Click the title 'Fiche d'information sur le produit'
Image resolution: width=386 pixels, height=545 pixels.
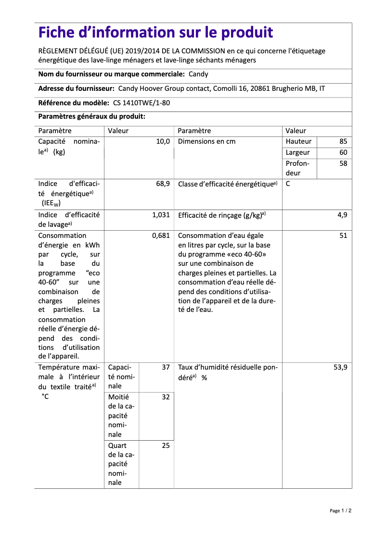click(155, 33)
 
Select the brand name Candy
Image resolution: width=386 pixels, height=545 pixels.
click(198, 74)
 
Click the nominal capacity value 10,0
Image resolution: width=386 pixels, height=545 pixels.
click(163, 141)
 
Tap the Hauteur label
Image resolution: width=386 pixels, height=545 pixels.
click(298, 141)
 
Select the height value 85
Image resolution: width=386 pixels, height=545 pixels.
click(343, 141)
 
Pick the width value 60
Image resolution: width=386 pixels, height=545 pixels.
click(343, 152)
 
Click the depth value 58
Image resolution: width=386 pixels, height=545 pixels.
click(343, 163)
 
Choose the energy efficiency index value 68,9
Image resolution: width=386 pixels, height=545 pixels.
click(163, 184)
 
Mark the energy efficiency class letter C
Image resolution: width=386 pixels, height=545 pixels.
click(288, 184)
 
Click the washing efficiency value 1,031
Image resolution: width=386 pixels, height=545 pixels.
click(161, 215)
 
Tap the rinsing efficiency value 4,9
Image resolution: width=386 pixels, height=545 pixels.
click(342, 215)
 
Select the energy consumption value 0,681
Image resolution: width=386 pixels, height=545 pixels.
click(161, 235)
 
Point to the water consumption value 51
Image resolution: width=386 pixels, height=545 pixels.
click(343, 235)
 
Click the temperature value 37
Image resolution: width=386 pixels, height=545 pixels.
click(166, 367)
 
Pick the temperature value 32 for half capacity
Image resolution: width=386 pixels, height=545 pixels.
click(166, 397)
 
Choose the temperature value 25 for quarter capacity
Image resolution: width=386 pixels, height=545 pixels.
click(166, 446)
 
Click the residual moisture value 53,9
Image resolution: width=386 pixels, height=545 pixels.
click(340, 367)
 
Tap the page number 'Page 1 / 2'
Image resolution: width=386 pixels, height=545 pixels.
click(340, 510)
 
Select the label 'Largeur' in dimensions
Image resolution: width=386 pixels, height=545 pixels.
click(297, 152)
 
